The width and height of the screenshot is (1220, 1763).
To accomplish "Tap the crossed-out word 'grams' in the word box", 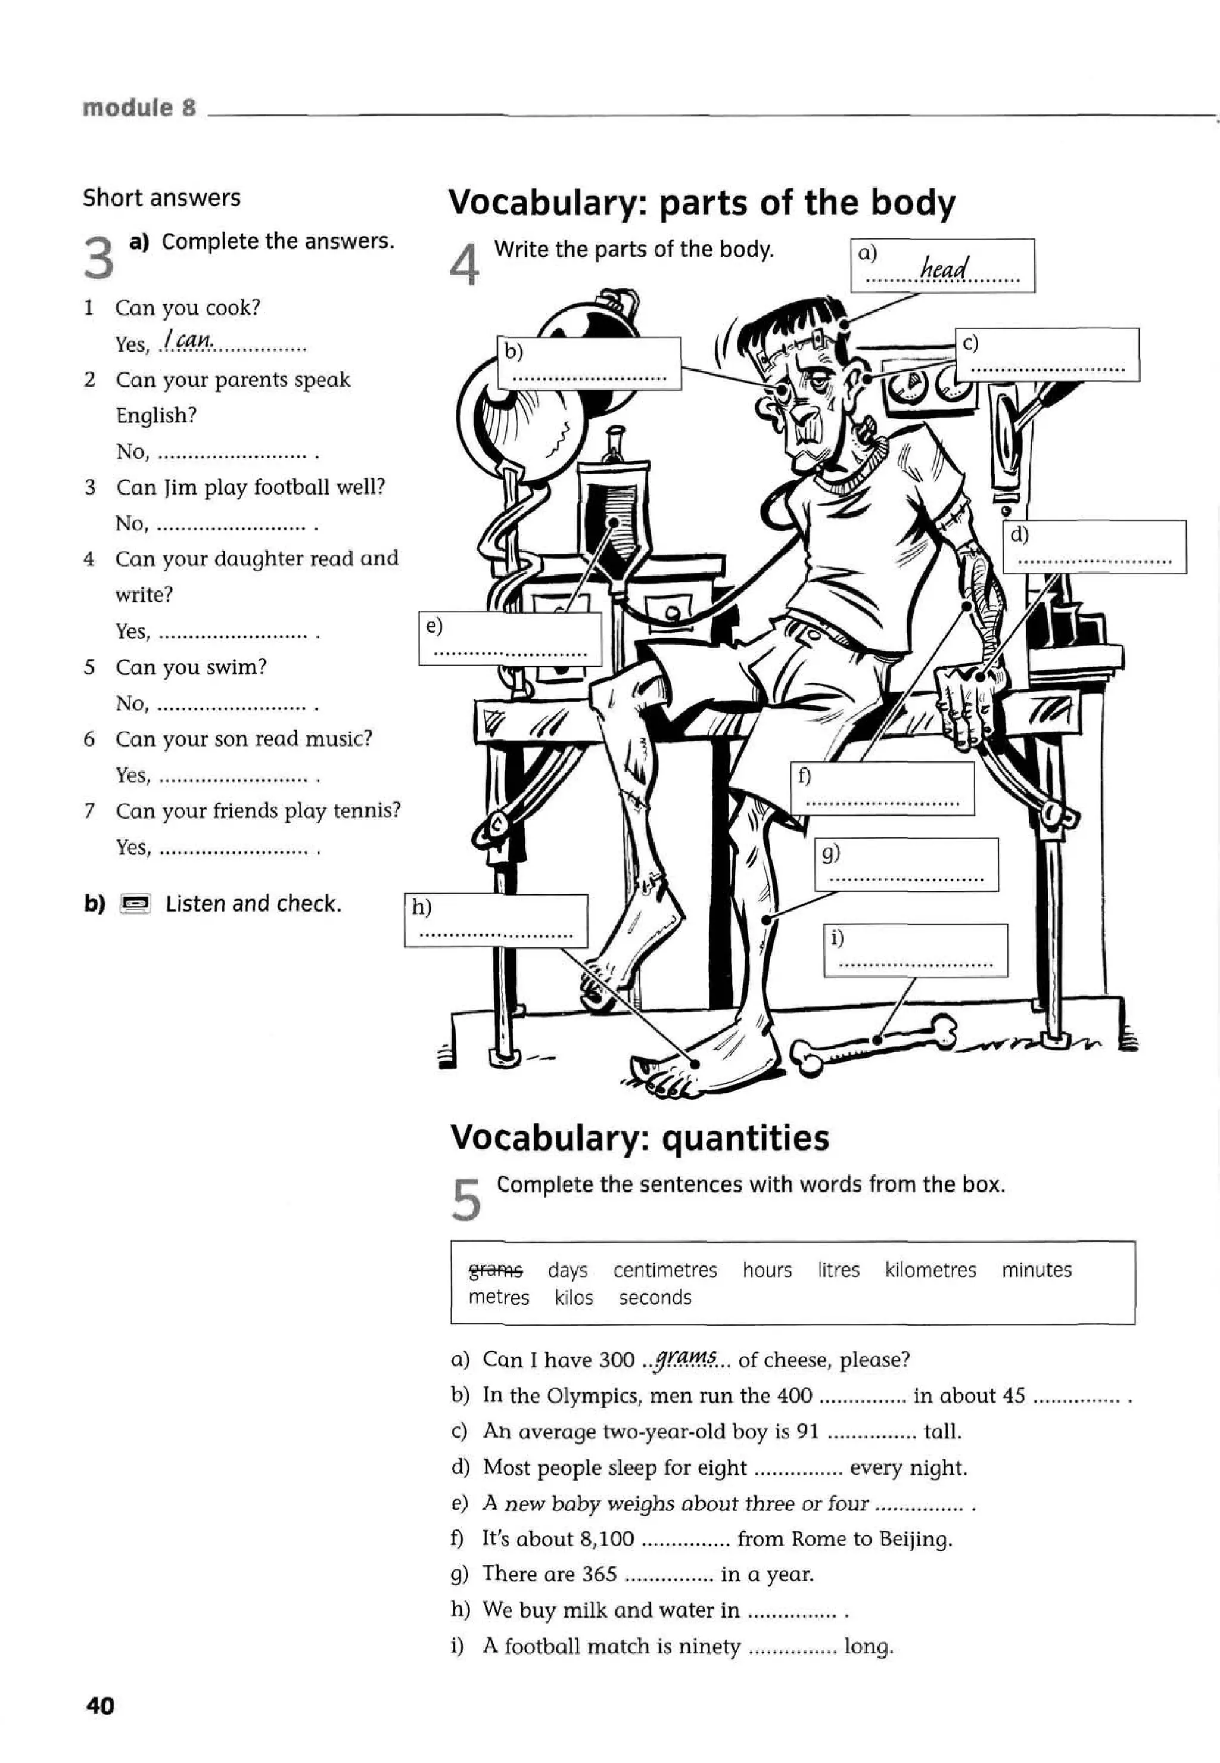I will point(496,1270).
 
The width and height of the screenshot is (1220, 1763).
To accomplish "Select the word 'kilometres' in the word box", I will point(930,1270).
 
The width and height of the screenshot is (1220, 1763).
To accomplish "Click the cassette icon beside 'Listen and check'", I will point(135,904).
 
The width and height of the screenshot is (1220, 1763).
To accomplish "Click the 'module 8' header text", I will point(139,108).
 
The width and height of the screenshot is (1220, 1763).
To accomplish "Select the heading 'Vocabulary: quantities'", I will point(639,1137).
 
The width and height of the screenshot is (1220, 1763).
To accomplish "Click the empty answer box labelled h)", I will point(496,921).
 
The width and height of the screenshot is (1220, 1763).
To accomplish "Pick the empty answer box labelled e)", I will point(510,638).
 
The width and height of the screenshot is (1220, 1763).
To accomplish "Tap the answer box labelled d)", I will point(1094,546).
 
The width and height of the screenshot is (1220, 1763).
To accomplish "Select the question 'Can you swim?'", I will point(191,667).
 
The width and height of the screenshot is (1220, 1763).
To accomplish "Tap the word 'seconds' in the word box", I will point(655,1298).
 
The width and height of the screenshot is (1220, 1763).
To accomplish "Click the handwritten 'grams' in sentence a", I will point(686,1358).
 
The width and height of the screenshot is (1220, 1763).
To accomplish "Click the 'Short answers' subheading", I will point(161,198).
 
